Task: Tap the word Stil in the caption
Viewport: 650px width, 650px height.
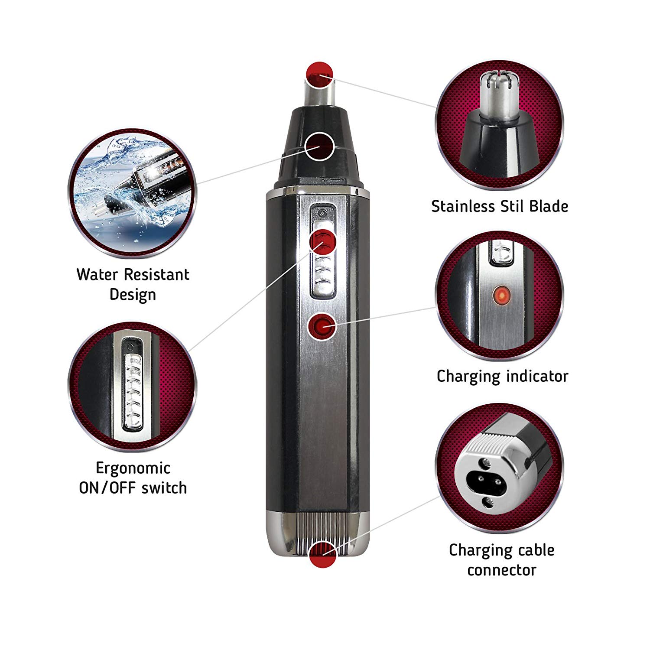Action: point(512,206)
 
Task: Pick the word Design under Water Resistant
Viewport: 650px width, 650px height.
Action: point(133,294)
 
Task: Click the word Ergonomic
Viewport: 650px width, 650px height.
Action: point(133,468)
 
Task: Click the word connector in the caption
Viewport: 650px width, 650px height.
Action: point(502,570)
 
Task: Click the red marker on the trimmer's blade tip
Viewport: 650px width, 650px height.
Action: point(319,75)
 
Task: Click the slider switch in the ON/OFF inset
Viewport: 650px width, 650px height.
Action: point(133,387)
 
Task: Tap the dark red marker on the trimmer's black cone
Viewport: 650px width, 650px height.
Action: point(320,146)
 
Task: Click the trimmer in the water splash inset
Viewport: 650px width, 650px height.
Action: point(141,182)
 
